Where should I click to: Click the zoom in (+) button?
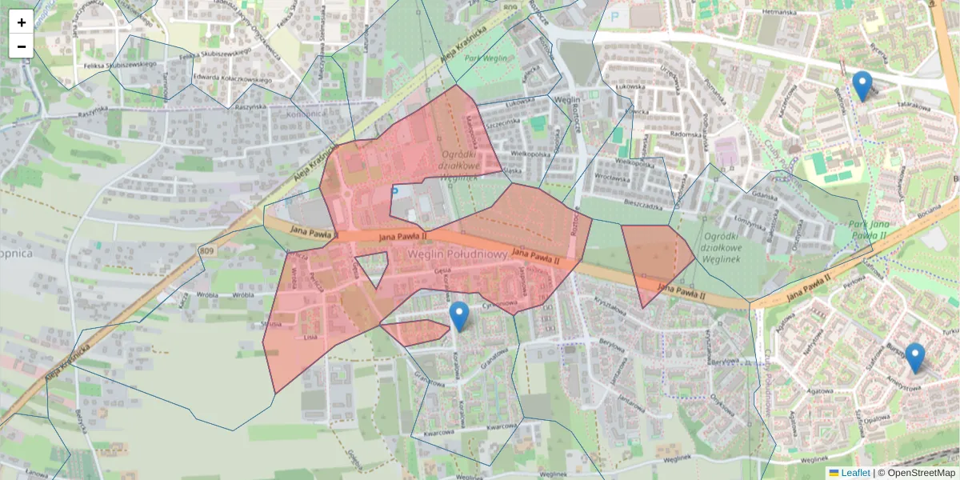pyautogui.click(x=22, y=22)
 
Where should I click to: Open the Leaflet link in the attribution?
pyautogui.click(x=855, y=473)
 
